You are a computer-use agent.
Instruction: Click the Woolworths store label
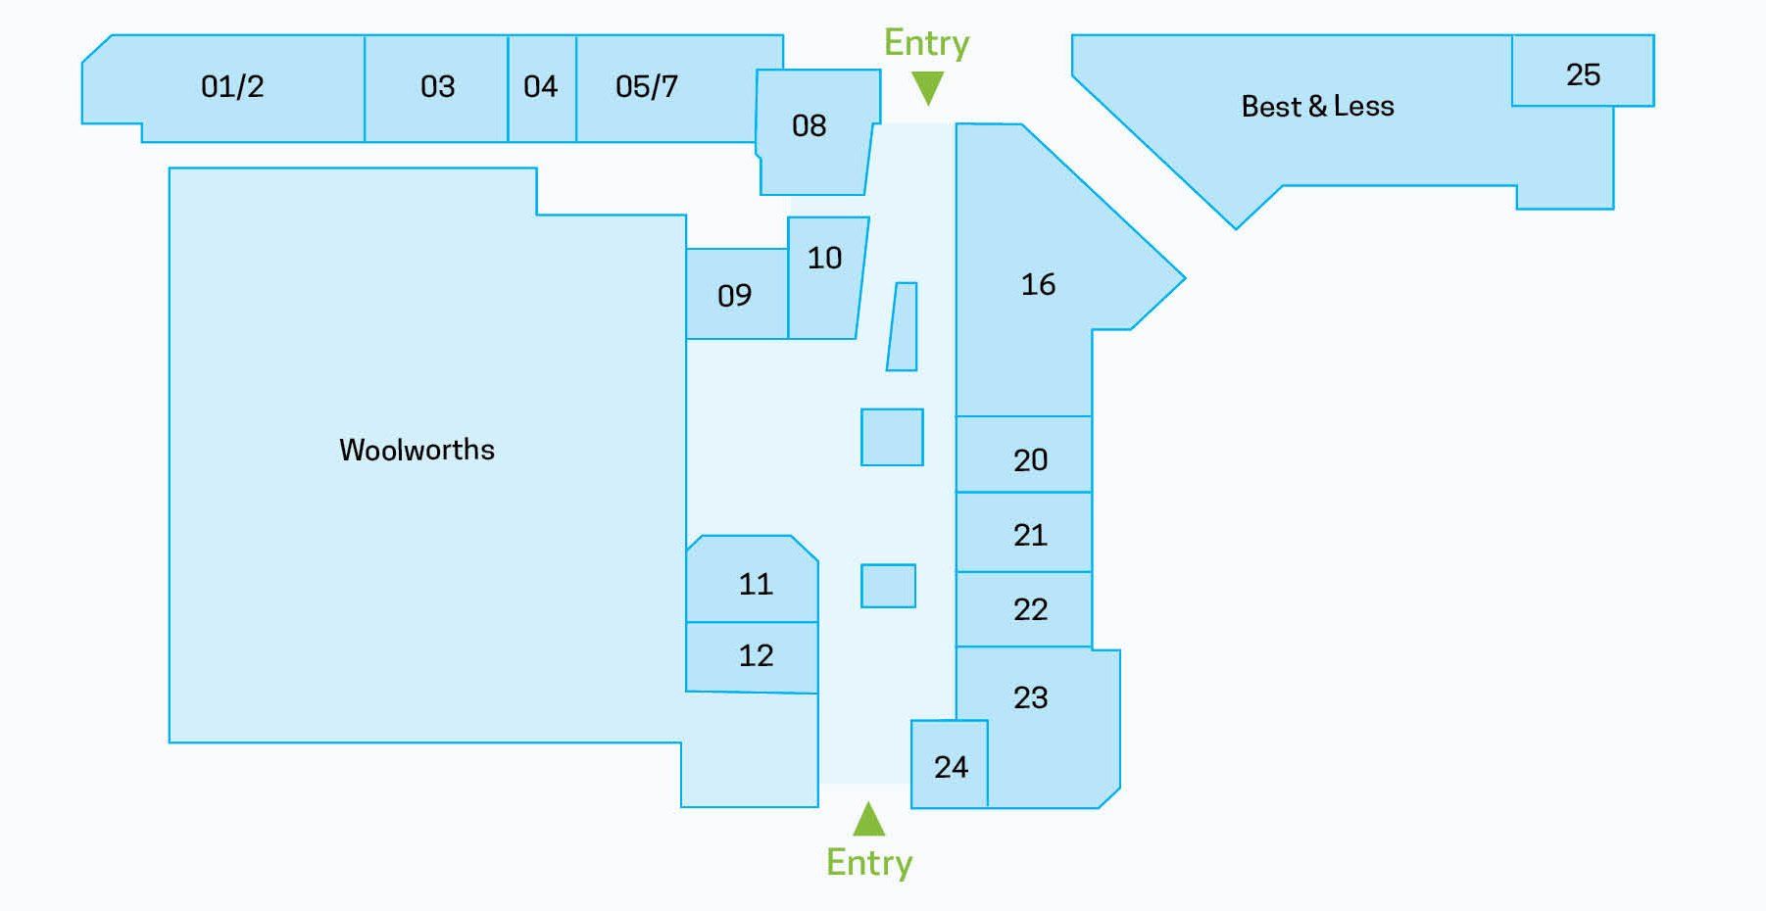417,450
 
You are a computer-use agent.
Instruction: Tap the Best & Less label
1317,106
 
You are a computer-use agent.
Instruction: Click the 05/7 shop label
647,86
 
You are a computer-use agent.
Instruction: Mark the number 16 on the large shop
1038,284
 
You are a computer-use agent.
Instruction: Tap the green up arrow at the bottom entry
869,819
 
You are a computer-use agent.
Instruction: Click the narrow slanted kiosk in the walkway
903,327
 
